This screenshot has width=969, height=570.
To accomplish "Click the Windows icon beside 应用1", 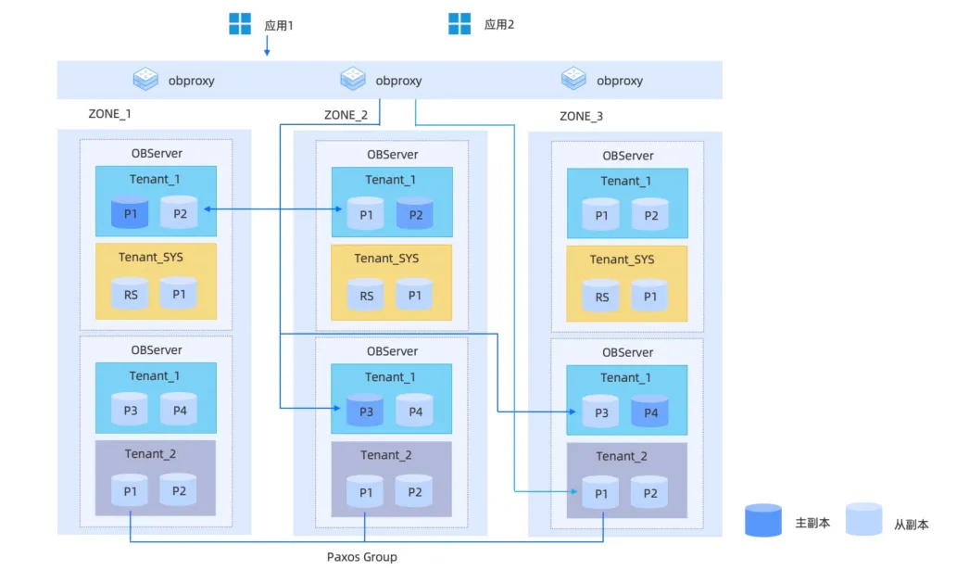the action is pos(240,24).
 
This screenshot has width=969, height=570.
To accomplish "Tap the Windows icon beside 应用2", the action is pos(459,23).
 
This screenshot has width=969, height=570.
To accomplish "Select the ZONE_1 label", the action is pos(109,114).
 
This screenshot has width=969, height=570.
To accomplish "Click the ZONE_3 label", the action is pos(581,116).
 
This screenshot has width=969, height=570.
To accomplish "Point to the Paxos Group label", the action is pos(362,557).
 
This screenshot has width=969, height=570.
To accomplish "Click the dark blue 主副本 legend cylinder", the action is pos(763,520).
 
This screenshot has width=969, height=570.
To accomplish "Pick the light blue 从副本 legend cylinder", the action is pos(864,519).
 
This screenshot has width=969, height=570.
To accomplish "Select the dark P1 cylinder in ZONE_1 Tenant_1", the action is pos(130,212).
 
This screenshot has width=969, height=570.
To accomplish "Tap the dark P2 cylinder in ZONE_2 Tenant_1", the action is pos(415,213).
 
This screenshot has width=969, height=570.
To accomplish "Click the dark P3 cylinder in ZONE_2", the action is pos(366,410).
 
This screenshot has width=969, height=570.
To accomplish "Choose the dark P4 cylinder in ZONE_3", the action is pos(650,412).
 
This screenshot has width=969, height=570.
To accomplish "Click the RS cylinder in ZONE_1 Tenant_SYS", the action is pos(131,293).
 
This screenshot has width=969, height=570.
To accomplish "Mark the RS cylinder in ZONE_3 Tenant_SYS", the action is pos(601,296).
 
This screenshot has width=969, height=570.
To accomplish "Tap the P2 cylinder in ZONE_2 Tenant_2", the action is pos(414,491).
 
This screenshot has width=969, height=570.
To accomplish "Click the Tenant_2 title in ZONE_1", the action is pos(150,454).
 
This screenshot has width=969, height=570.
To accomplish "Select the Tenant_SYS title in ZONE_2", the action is pos(386,259).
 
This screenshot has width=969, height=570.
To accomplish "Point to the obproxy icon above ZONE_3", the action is pos(573,79).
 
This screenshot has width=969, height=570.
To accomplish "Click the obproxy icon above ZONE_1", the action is pos(145,79).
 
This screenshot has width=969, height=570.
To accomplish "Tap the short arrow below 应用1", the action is pos(267,45).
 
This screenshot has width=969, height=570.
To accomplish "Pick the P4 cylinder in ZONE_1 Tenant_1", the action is pos(179,409).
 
